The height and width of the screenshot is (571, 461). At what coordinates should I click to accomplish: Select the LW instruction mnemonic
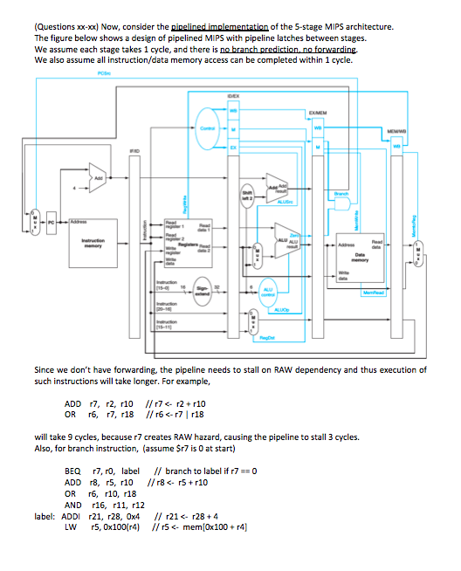(72, 526)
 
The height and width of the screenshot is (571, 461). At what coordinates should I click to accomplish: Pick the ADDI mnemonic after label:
(76, 515)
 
